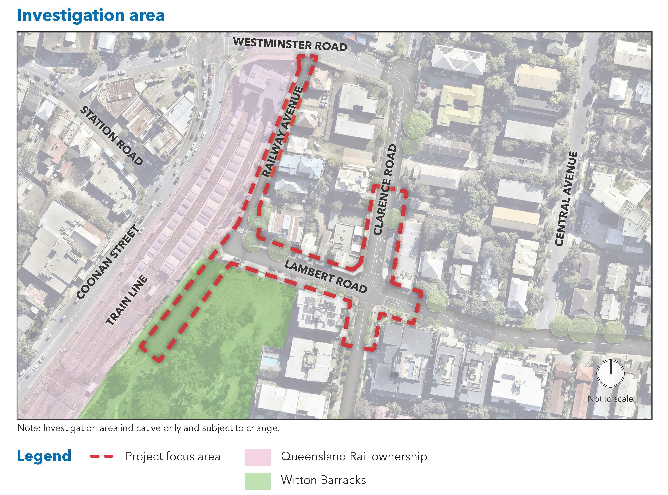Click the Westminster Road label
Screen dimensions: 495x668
tap(290, 44)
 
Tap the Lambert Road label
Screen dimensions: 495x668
tap(325, 276)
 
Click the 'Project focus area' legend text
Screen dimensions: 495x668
tap(173, 456)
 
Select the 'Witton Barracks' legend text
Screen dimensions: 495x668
tap(323, 480)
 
